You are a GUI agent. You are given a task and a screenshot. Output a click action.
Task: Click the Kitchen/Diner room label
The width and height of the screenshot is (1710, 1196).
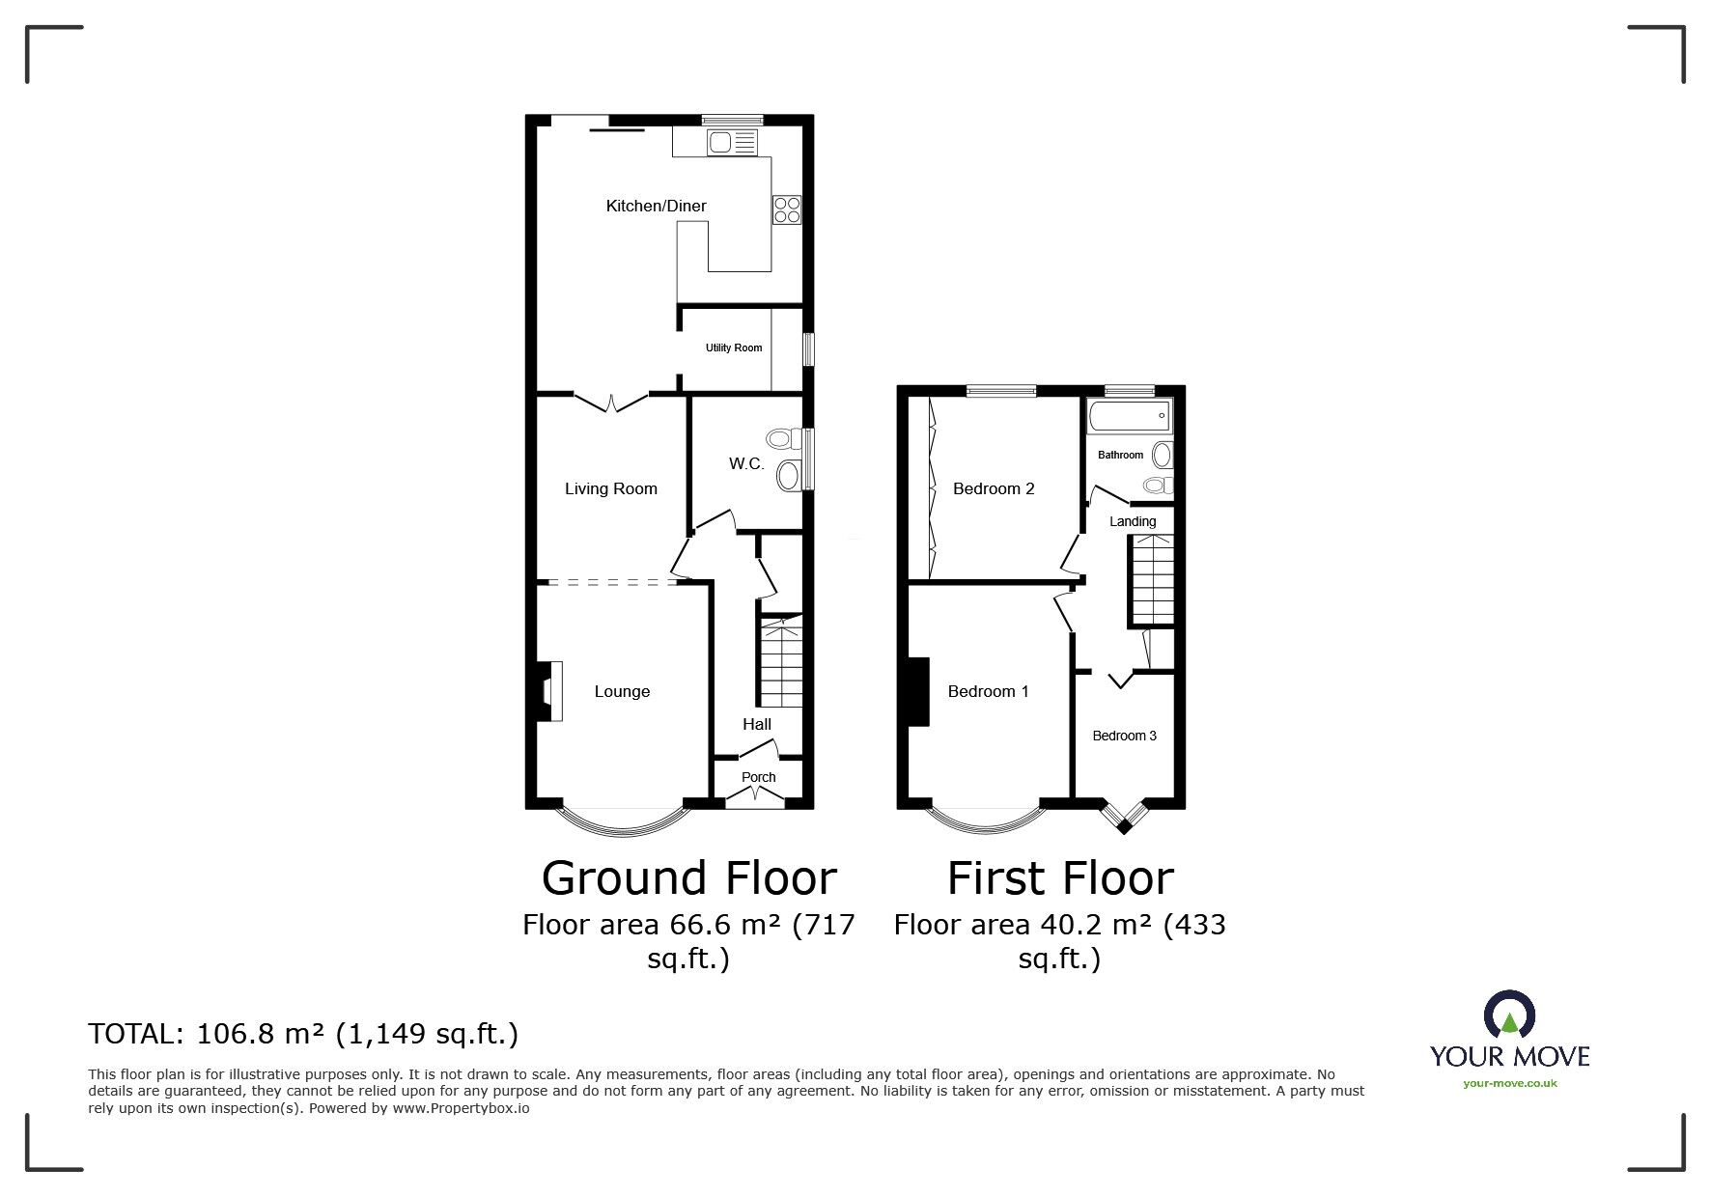tap(656, 206)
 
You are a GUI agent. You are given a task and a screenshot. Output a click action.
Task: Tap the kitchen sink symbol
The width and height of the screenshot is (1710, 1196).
tap(733, 143)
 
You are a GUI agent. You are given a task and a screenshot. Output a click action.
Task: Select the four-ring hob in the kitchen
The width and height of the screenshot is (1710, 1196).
tap(787, 210)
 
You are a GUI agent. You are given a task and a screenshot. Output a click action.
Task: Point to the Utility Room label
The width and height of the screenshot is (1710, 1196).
tap(734, 348)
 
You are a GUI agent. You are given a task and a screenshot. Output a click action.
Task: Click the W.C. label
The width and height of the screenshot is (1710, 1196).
tap(746, 464)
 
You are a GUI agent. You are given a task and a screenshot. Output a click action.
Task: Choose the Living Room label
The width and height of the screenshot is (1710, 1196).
tap(611, 488)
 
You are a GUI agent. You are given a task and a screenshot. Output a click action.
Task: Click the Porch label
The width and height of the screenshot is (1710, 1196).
tap(759, 777)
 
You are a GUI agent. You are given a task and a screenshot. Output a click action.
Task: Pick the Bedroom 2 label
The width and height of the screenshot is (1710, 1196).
tap(994, 488)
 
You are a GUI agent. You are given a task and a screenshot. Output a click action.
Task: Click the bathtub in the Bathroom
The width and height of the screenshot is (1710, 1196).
tap(1129, 417)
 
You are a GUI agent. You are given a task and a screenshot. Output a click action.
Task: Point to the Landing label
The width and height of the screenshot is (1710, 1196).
tap(1133, 521)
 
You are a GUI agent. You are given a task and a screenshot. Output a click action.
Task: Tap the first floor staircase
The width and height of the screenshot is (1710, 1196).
tap(1151, 579)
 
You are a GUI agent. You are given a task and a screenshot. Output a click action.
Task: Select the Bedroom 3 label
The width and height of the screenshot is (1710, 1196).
tap(1125, 736)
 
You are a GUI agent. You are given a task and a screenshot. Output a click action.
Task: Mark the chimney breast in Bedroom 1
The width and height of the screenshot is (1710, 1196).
tap(917, 691)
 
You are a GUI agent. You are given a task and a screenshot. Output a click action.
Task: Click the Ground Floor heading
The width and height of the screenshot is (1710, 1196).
tap(689, 878)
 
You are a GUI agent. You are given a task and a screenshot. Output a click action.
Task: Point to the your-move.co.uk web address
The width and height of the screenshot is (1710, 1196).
tap(1510, 1083)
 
